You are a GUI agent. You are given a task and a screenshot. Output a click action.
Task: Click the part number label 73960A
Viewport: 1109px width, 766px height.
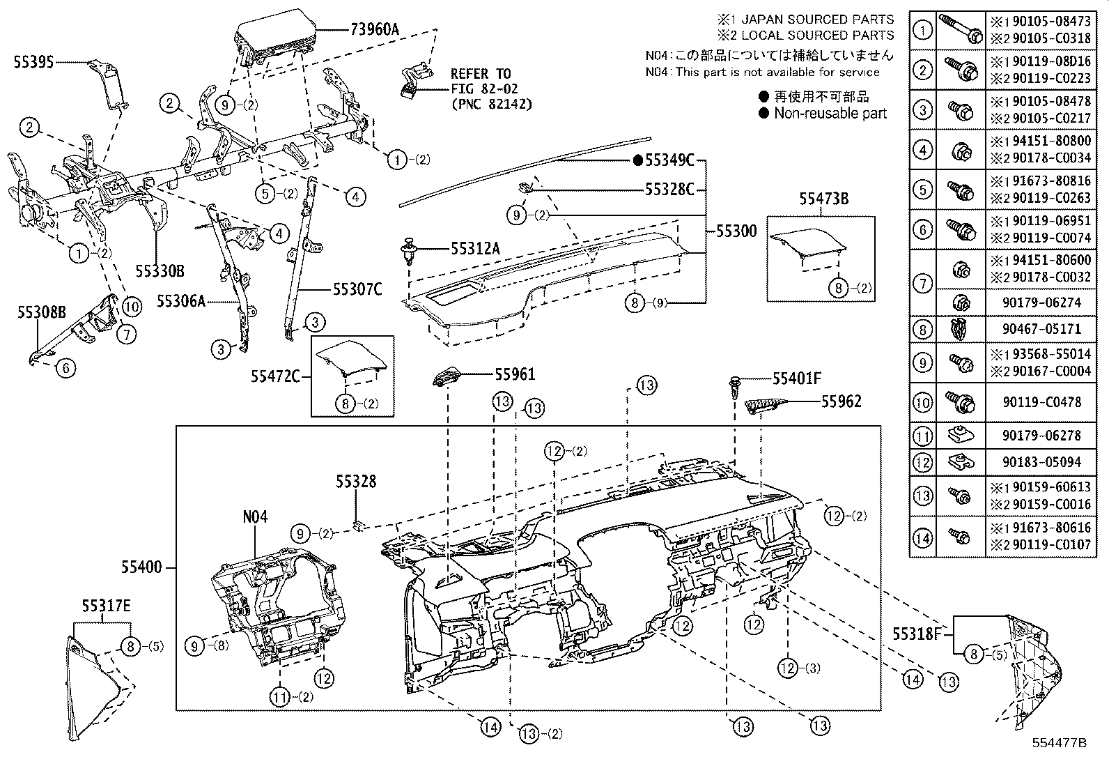coord(374,29)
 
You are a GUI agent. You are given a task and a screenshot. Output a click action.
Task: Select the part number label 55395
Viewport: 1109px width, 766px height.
coord(33,62)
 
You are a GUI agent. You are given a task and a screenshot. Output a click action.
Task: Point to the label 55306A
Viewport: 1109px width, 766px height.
coord(181,301)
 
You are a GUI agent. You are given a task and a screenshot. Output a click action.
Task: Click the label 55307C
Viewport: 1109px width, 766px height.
coord(357,289)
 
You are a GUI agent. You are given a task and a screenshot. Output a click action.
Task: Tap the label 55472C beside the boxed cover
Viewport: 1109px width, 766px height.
coord(276,376)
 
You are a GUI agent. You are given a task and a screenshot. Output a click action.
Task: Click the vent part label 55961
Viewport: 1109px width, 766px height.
coord(515,374)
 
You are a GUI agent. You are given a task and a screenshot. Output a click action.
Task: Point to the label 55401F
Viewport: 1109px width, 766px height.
coord(797,378)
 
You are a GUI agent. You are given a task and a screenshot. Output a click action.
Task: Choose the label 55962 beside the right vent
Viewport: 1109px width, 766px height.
coord(841,401)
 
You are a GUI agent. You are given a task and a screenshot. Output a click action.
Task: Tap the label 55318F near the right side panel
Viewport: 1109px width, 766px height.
coord(917,634)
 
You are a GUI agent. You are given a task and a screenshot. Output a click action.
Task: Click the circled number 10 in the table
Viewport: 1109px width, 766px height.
coord(922,401)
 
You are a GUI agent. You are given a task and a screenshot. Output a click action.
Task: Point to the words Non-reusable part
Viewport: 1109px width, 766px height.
coord(830,113)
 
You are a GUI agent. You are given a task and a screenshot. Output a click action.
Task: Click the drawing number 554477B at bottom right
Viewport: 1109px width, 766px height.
coord(1059,742)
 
